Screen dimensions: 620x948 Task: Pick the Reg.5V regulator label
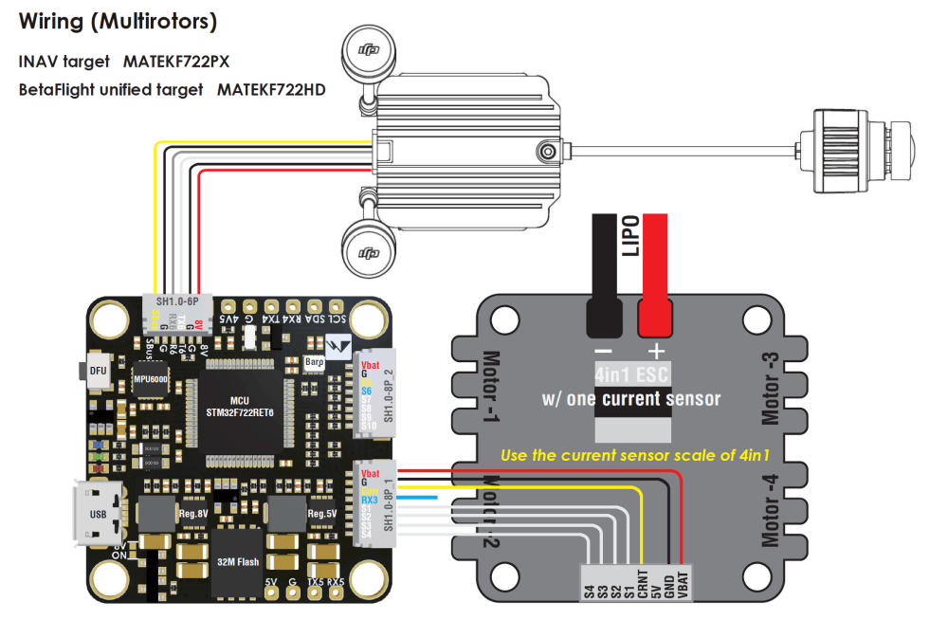point(321,514)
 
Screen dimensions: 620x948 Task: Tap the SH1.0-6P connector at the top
point(175,312)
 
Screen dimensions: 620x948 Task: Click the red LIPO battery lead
point(655,275)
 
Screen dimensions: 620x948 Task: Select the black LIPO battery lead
point(603,275)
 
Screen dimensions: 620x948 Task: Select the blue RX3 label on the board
point(369,498)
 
